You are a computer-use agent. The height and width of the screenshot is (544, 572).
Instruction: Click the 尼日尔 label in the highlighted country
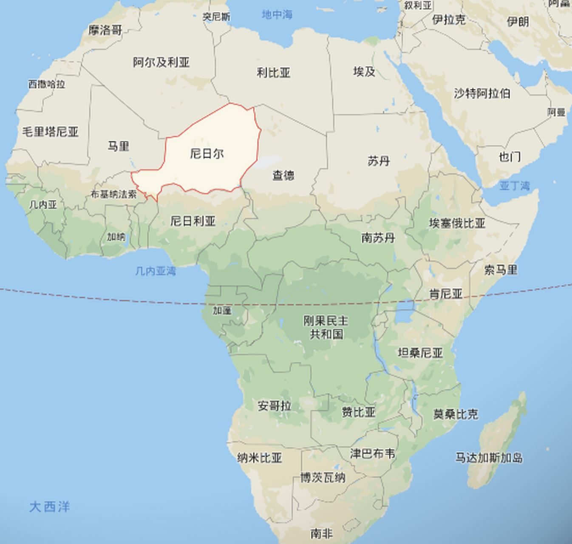pos(207,153)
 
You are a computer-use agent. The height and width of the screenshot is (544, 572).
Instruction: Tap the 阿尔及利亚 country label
pos(161,62)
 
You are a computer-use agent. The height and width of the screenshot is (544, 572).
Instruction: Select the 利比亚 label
pos(273,73)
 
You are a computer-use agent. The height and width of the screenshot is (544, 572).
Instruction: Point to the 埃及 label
pos(364,71)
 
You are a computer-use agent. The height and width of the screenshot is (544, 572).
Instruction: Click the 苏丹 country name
pos(379,161)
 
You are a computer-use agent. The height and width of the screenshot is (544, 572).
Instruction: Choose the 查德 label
pos(283,175)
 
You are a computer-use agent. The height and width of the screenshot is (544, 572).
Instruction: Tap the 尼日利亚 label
pos(193,221)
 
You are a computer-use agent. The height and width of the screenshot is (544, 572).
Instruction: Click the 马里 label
pos(118,147)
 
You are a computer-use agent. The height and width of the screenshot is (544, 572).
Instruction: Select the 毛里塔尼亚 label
pos(50,132)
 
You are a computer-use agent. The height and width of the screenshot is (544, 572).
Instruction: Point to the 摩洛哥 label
pos(105,30)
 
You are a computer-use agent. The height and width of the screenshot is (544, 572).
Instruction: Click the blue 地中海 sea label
pos(277,15)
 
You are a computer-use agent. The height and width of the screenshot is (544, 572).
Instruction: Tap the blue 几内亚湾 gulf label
pos(156,271)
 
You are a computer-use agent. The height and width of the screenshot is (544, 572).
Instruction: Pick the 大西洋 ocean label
pos(49,507)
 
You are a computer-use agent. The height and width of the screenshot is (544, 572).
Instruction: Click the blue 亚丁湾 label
pos(514,186)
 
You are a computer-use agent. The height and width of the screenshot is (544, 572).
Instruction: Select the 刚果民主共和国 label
pos(326,327)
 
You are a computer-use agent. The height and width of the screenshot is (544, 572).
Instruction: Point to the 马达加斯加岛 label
pos(489,458)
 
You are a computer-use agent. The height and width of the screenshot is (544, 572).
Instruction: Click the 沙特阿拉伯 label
pos(482,93)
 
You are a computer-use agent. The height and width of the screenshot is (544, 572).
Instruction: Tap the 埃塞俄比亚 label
pos(457,223)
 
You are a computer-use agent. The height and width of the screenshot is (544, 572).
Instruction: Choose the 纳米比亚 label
pos(259,458)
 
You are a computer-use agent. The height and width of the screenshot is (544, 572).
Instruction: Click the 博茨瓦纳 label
pos(323,478)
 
